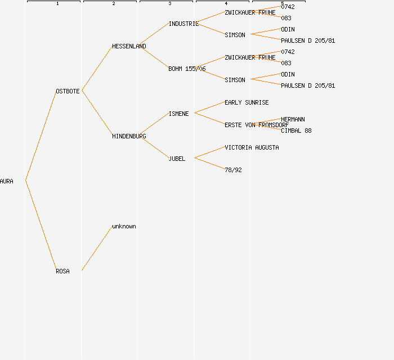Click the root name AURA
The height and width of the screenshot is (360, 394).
pos(7,181)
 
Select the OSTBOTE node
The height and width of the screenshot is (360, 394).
pos(68,91)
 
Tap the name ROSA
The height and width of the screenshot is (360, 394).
pos(62,271)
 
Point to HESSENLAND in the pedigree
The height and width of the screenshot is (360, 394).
pos(129,46)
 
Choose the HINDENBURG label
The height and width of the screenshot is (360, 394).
pos(129,136)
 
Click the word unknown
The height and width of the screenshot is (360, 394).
pos(124,226)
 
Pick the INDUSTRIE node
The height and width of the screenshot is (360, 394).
pos(183,24)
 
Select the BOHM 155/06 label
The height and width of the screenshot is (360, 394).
pos(187,69)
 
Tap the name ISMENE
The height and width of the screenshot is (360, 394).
pos(178,114)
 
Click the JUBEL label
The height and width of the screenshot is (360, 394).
pos(177,159)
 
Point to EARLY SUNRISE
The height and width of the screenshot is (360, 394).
pos(247,102)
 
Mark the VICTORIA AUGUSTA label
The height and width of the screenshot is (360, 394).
pos(252,147)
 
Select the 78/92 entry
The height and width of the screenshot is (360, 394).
pos(233,170)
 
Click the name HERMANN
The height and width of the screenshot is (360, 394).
pos(293,119)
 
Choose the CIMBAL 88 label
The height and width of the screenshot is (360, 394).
pos(296,130)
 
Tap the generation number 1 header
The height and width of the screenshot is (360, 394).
pos(57,4)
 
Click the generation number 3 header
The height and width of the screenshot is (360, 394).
pos(170,4)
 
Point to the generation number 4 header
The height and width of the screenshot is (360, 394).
pos(226,4)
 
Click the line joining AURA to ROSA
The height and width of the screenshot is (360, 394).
pos(41,226)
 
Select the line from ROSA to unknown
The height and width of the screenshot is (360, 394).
pos(97,248)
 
